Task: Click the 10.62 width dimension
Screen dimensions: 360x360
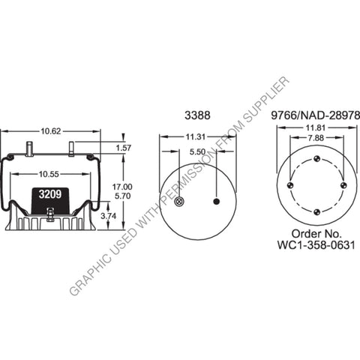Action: (x=51, y=131)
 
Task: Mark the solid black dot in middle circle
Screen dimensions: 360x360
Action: (x=217, y=202)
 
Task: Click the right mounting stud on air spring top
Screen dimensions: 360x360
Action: (x=71, y=148)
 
